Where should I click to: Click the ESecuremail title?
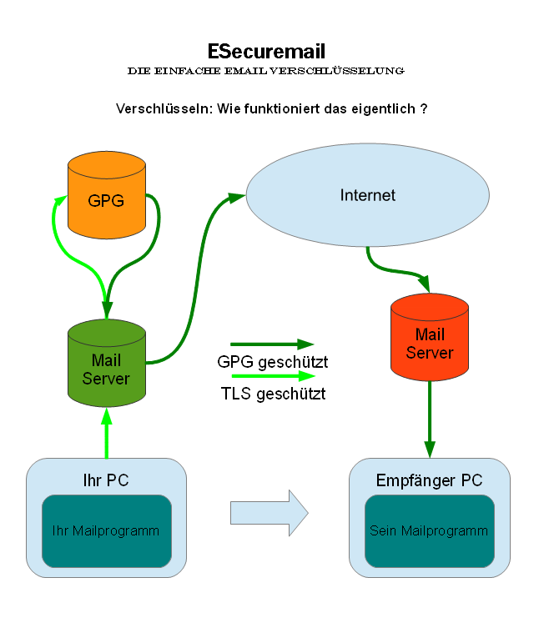click(265, 52)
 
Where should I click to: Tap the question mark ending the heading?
click(425, 109)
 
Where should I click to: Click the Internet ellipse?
click(367, 196)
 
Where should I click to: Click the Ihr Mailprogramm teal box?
click(107, 530)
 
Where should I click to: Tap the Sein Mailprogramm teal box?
click(429, 530)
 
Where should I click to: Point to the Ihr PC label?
click(106, 481)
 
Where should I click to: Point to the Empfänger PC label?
click(429, 481)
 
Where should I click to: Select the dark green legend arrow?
click(271, 344)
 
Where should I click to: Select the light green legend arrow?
click(271, 375)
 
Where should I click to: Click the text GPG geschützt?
click(272, 363)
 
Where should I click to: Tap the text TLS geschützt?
click(273, 394)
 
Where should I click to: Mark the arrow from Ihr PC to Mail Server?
click(107, 434)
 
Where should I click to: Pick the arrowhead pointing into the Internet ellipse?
click(236, 197)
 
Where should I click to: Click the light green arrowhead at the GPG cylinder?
click(59, 202)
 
